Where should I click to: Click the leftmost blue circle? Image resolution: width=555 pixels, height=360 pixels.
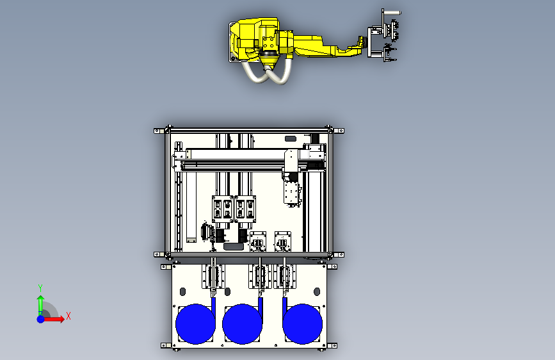(195, 324)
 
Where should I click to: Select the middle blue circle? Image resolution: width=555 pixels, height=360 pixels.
(242, 324)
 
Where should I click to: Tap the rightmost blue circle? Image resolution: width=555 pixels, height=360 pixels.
(302, 324)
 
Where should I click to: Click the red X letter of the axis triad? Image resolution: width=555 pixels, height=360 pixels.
(68, 316)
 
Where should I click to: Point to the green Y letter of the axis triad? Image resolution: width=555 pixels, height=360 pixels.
(40, 288)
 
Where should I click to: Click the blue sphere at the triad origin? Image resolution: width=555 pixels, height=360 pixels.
(41, 319)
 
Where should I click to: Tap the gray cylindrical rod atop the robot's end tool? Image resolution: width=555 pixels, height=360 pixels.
(392, 13)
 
